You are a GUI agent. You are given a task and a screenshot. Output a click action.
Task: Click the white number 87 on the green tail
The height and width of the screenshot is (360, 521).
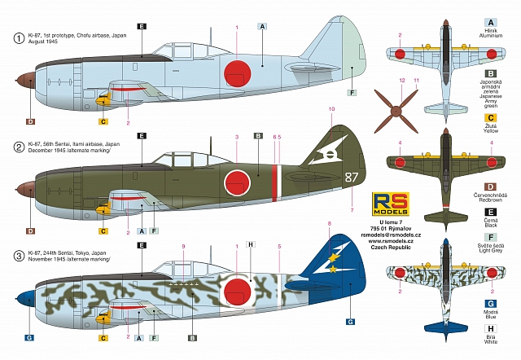(328, 177)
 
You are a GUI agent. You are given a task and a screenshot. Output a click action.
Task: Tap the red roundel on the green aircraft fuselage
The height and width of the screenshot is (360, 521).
(236, 178)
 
